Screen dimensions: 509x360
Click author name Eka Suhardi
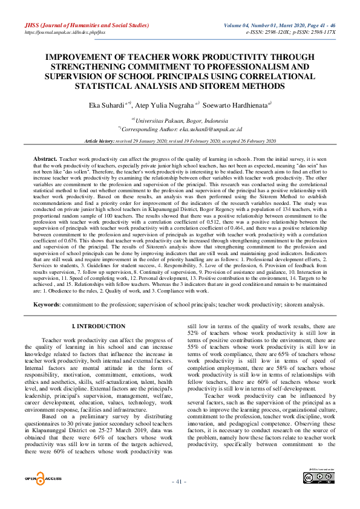[105, 105]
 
